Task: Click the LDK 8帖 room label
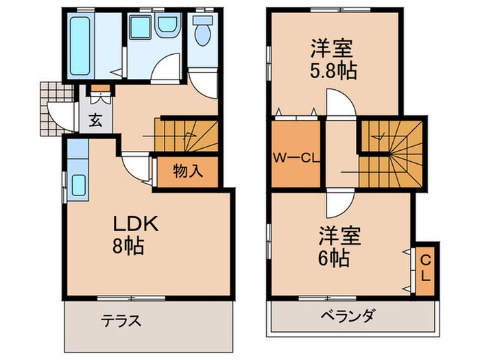(136, 234)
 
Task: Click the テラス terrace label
(122, 320)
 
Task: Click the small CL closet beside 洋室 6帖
(425, 267)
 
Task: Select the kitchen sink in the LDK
(77, 186)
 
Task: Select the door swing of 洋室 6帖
(339, 203)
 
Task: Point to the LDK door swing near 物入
(136, 168)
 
